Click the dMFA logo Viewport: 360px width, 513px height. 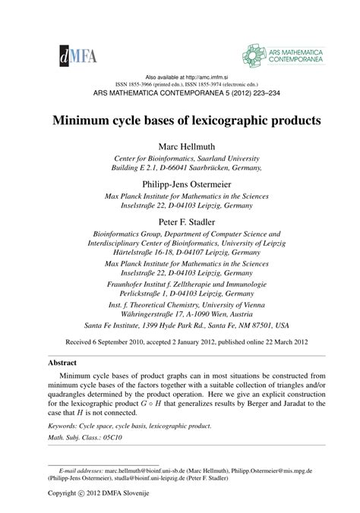pos(65,53)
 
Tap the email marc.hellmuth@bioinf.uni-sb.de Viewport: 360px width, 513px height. pos(144,471)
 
